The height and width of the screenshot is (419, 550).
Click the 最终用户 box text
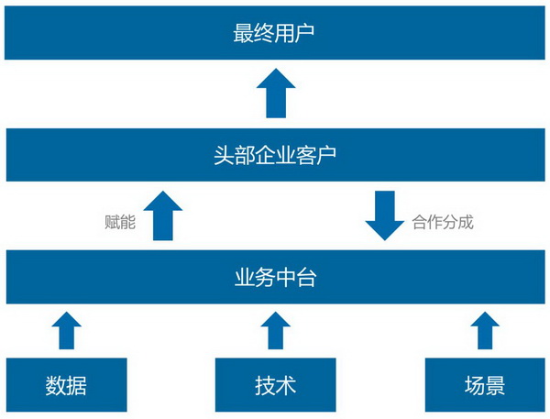[273, 33]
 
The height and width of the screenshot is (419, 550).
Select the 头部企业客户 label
[275, 155]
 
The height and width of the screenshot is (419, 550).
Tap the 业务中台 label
[275, 277]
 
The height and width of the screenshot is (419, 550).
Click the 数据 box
[67, 384]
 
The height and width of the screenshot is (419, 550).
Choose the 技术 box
[275, 384]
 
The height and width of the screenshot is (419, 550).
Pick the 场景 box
[485, 384]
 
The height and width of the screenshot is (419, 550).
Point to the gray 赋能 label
[120, 222]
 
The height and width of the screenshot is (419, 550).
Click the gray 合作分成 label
[443, 222]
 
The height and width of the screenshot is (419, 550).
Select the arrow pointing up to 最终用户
[276, 93]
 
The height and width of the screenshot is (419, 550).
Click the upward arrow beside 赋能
[163, 215]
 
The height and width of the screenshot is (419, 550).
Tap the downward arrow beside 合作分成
[385, 215]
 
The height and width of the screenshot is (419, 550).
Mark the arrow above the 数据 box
[67, 330]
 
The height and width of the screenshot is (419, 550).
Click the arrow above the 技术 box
[276, 330]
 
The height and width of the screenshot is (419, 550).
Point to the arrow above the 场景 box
[485, 330]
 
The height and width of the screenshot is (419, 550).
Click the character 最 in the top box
[243, 33]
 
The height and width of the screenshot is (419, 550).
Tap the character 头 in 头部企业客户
[224, 155]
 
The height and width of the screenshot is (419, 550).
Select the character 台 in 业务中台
[306, 277]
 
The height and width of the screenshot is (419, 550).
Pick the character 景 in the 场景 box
[495, 385]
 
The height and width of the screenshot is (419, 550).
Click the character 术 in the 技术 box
[286, 385]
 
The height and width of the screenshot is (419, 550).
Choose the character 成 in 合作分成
[466, 222]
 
